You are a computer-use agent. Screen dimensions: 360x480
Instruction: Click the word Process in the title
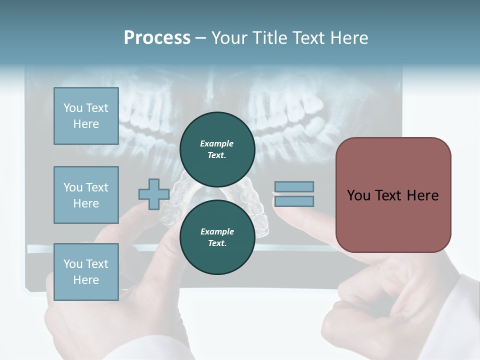click(157, 38)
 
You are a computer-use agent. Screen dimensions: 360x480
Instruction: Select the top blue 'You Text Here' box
click(86, 116)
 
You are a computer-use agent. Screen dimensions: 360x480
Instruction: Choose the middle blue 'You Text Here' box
click(86, 195)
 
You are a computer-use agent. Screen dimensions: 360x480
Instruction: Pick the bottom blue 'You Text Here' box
click(86, 271)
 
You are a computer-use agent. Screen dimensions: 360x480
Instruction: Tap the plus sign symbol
click(153, 194)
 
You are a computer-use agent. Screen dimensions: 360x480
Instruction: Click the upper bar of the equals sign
click(294, 186)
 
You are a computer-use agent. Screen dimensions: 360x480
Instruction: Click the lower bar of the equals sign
click(294, 201)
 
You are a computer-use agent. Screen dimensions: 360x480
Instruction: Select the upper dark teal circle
click(217, 149)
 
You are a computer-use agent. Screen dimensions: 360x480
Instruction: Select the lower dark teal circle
click(217, 237)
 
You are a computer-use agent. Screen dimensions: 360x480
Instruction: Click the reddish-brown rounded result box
click(393, 195)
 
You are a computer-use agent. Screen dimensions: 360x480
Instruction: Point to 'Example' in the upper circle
click(216, 143)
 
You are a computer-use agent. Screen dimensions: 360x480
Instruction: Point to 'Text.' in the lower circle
click(217, 243)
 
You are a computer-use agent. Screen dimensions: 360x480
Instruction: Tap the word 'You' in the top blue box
click(72, 108)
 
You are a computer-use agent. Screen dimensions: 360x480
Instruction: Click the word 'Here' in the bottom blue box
click(86, 280)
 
